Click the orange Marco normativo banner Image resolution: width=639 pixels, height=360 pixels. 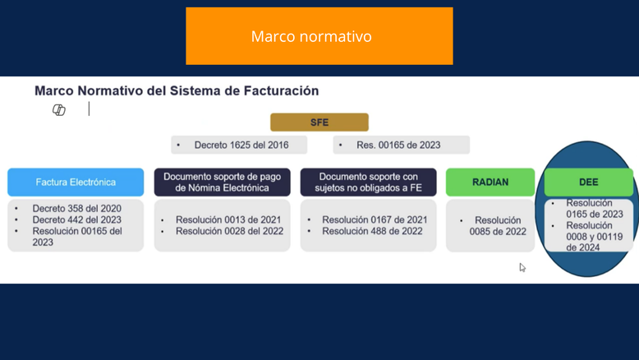coord(319,36)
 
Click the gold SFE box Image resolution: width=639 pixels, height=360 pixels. coord(319,122)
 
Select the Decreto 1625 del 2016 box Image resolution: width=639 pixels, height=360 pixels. coord(239,145)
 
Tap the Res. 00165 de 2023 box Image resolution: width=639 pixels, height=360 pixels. coord(401,145)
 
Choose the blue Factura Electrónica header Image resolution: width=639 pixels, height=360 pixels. coord(76,182)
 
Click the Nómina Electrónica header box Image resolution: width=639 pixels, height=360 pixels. coord(222,182)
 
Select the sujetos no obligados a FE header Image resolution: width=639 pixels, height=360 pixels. coord(369,182)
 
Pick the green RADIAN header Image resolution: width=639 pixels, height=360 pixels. coord(490,182)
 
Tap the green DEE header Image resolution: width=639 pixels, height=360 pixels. coord(588,182)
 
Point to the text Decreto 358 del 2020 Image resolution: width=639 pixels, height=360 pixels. coord(77,208)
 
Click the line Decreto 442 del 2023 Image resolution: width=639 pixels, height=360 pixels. coord(77,219)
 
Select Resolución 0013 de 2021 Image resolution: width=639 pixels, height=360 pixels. coord(228,219)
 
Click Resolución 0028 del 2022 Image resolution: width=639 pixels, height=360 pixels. coord(229,231)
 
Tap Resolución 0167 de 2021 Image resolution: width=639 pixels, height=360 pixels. coord(375,219)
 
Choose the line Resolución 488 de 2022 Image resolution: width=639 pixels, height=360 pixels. coord(372,231)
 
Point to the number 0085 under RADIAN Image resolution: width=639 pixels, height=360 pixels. coord(481,232)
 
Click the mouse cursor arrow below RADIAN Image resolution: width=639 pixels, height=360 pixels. coord(522,267)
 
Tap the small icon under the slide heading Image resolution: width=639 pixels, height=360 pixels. coord(59,109)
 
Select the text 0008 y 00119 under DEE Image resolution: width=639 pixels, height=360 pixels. coord(594,237)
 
